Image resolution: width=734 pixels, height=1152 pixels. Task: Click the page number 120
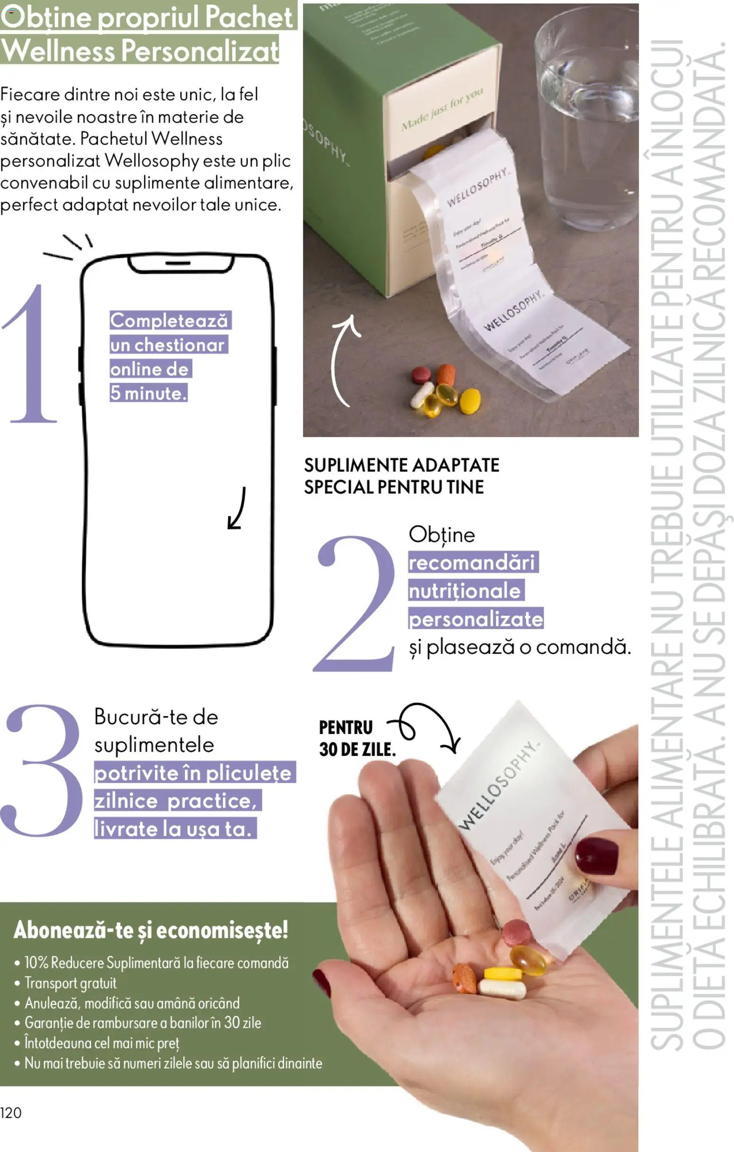click(11, 1113)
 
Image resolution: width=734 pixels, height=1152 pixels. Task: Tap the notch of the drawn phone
click(180, 263)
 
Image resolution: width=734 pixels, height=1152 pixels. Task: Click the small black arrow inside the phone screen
click(237, 509)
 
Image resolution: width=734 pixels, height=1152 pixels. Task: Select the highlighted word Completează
click(169, 320)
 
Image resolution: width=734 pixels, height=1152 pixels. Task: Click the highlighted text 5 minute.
click(148, 393)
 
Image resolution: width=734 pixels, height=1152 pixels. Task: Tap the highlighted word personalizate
click(476, 619)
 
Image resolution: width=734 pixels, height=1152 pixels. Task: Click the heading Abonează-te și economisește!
click(151, 930)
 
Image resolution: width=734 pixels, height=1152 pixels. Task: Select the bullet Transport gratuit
click(71, 983)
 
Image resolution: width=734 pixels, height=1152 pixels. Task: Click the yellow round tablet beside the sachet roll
click(470, 401)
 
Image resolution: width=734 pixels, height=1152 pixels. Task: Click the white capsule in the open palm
click(502, 988)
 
